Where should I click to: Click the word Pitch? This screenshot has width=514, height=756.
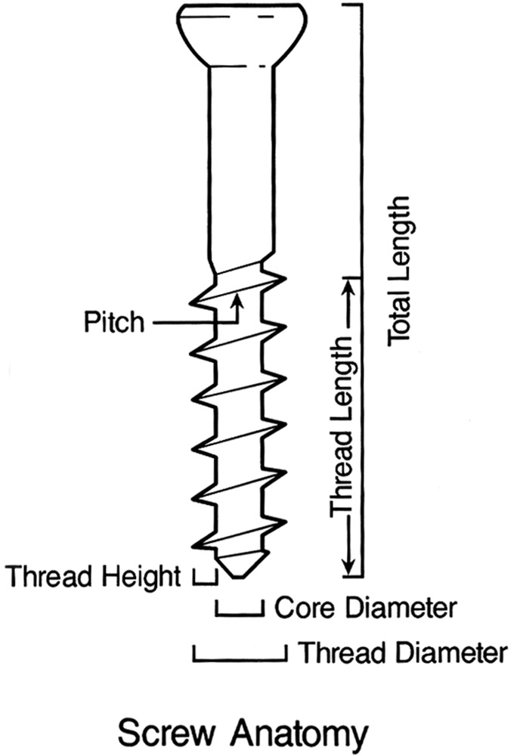113,322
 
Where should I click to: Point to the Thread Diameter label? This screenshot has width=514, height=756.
401,652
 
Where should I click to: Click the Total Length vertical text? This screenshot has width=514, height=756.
398,272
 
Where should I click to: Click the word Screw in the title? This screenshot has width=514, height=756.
169,733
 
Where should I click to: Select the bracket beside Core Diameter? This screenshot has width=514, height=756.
240,609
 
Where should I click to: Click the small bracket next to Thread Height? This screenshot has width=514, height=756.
204,578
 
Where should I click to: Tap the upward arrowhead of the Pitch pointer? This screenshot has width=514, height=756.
239,301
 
